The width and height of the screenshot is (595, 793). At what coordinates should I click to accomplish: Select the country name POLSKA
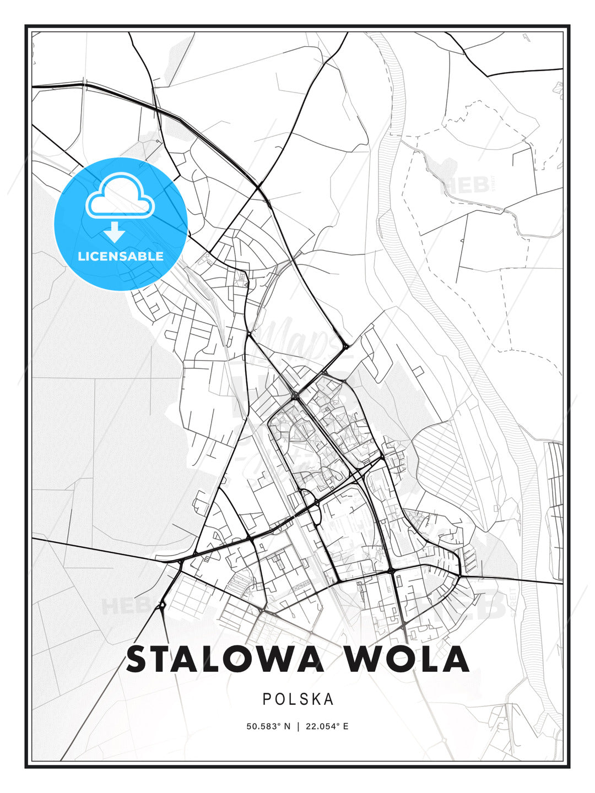point(298,699)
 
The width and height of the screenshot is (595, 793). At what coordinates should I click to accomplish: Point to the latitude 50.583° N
point(268,726)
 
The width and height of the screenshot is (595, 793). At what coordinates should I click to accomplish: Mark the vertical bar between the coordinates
point(297,726)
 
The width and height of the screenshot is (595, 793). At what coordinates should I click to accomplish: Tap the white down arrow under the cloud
point(115,232)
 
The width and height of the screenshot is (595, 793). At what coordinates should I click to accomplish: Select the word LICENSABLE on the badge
point(121,256)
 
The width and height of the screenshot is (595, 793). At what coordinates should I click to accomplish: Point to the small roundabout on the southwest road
point(161,606)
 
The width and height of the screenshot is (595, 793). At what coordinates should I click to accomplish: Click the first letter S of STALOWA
point(138,659)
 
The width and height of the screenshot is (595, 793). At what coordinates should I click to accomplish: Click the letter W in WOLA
point(367,659)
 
